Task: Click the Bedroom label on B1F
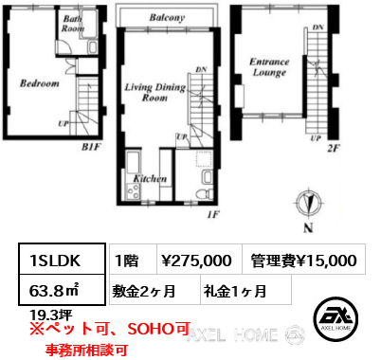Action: pos(40,83)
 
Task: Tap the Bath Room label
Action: pos(73,24)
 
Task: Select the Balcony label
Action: pos(167,17)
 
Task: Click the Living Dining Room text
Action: pos(155,92)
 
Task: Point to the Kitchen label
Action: pos(150,179)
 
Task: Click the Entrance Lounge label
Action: pos(269,67)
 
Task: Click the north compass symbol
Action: pos(309,203)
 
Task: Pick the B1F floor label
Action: pos(90,147)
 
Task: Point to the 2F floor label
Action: pos(333,148)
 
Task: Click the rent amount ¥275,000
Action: pos(196,261)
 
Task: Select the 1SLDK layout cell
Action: pos(62,259)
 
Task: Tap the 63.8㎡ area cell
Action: pos(62,290)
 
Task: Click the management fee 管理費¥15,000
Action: pos(303,261)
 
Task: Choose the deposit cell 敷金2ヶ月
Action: pos(144,291)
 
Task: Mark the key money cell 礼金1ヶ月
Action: pos(235,291)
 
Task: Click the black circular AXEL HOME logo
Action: pos(336,318)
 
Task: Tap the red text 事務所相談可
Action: pos(86,350)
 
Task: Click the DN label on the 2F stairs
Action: pos(318,27)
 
